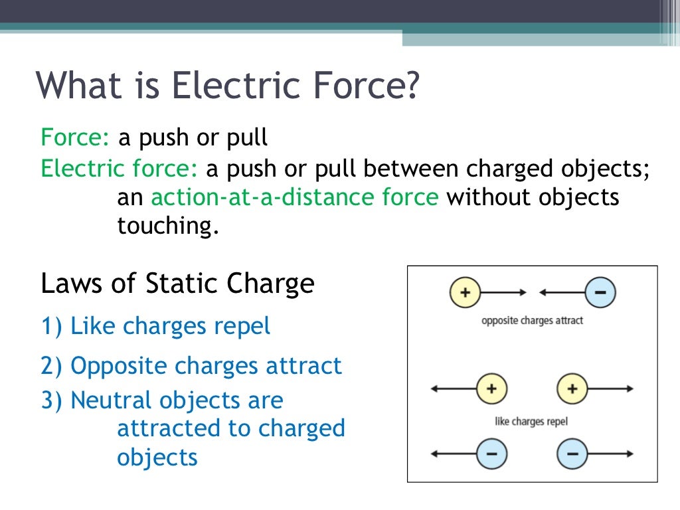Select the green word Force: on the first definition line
(75, 137)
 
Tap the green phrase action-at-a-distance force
(295, 197)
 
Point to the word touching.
(167, 226)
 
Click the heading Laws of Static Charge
(177, 284)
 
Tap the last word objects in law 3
(157, 458)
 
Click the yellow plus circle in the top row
(465, 292)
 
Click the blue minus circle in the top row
(600, 292)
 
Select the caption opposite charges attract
(532, 320)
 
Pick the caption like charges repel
(531, 422)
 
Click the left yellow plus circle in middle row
(491, 388)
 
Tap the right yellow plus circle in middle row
(572, 388)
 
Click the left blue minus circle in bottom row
(491, 454)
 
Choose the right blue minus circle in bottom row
(572, 454)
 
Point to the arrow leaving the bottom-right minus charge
(611, 454)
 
